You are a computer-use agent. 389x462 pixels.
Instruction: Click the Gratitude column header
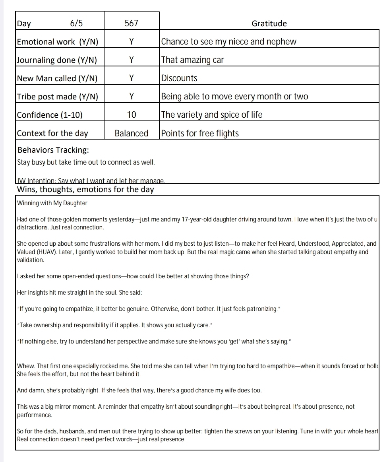coord(269,23)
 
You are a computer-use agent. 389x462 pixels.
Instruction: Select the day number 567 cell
coord(131,23)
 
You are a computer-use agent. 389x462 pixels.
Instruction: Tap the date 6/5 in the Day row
coord(76,23)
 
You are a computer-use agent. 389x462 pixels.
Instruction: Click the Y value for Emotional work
coord(131,42)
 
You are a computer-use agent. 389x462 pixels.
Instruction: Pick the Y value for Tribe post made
coord(131,97)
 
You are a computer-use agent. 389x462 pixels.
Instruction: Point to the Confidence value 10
coord(131,115)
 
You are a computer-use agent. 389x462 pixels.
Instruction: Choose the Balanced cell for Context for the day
coord(131,133)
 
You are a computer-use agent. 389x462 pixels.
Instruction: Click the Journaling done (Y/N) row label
coord(57,60)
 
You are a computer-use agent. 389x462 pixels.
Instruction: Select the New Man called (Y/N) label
coord(57,78)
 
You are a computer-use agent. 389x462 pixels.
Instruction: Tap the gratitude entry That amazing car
coord(192,60)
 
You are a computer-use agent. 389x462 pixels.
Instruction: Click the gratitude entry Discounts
coord(179,78)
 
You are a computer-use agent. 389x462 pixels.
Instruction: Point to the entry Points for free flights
coord(200,133)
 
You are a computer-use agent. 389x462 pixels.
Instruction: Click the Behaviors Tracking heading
coord(53,150)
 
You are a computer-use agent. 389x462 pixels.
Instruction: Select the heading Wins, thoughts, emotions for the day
coord(85,189)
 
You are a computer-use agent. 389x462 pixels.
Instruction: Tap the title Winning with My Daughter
coord(52,203)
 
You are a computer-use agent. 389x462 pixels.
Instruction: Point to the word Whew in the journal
coord(25,366)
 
